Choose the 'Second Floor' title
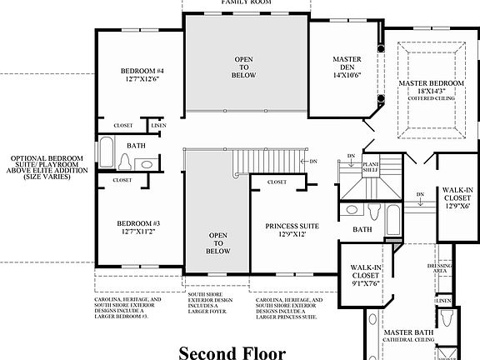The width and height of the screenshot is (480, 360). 232,352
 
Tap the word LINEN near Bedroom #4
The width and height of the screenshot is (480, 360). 158,126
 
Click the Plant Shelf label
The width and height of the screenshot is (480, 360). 371,167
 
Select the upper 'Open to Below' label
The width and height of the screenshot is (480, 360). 243,66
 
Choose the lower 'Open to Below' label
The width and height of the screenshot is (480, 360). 217,242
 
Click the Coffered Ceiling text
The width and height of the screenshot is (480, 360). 431,98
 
